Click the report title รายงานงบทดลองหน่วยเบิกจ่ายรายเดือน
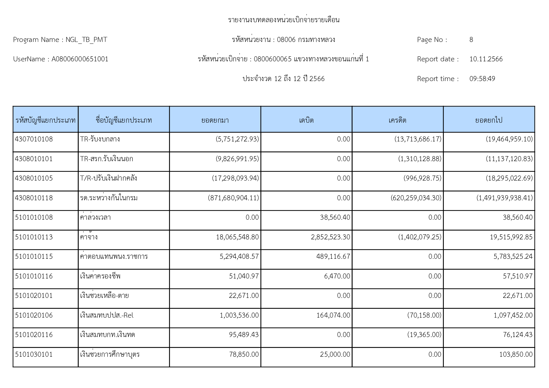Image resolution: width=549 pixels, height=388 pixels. pyautogui.click(x=284, y=20)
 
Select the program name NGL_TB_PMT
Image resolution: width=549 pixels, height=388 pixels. pyautogui.click(x=86, y=40)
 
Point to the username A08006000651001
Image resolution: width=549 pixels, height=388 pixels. pyautogui.click(x=80, y=59)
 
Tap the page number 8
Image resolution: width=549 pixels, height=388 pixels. pyautogui.click(x=471, y=40)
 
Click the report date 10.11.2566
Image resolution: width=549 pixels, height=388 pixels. pyautogui.click(x=486, y=59)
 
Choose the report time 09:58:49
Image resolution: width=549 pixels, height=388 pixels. pyautogui.click(x=482, y=79)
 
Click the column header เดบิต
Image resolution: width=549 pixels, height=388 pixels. pyautogui.click(x=306, y=120)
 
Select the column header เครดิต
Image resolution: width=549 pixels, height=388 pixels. pyautogui.click(x=398, y=120)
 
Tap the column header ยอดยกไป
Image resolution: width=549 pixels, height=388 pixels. pyautogui.click(x=489, y=120)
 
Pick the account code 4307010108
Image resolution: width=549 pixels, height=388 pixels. pyautogui.click(x=34, y=139)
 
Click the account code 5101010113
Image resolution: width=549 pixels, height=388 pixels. pyautogui.click(x=34, y=237)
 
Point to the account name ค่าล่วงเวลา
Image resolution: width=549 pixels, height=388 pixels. pyautogui.click(x=95, y=217)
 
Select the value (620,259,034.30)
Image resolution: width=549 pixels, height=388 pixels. pyautogui.click(x=416, y=198)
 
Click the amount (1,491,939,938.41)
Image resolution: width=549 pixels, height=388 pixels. pyautogui.click(x=505, y=198)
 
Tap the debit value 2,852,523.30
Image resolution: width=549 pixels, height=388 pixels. pyautogui.click(x=331, y=237)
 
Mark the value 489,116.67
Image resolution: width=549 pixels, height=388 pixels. pyautogui.click(x=333, y=257)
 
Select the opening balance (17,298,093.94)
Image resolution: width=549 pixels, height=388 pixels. pyautogui.click(x=235, y=178)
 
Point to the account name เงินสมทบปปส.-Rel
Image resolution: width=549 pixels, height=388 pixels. pyautogui.click(x=107, y=315)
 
